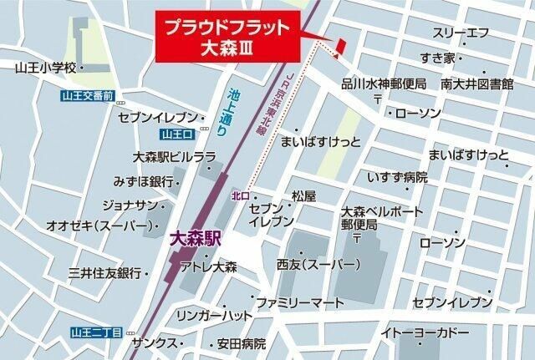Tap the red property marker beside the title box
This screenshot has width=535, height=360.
(339, 48)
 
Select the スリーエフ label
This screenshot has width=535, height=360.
(459, 33)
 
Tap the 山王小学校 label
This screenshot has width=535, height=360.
(45, 66)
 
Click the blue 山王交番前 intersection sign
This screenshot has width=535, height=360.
(88, 96)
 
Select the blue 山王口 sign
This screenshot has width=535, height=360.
(177, 134)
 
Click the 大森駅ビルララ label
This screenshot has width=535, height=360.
(174, 157)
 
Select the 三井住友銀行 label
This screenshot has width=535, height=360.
(104, 273)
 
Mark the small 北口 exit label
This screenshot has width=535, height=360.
(241, 196)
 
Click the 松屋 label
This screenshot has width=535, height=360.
(303, 196)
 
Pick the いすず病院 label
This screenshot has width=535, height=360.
(397, 177)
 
